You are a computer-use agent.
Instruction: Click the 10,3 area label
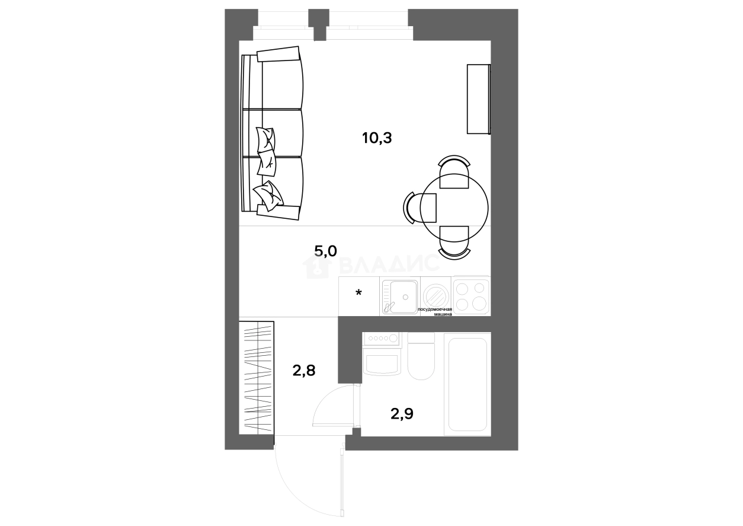click(x=377, y=138)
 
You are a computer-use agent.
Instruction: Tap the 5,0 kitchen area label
click(x=325, y=251)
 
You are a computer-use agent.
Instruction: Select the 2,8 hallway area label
click(x=304, y=370)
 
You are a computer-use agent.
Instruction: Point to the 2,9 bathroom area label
click(x=402, y=414)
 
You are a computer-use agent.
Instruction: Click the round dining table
click(x=454, y=208)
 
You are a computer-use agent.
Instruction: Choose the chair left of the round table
click(x=419, y=208)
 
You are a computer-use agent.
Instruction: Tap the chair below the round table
click(x=454, y=243)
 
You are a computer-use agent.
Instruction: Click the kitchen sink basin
click(x=400, y=297)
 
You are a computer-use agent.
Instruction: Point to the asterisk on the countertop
click(x=358, y=293)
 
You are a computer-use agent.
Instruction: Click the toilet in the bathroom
click(x=421, y=356)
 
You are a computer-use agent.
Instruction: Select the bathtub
click(x=467, y=384)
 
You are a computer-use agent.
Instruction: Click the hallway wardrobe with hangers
click(x=257, y=378)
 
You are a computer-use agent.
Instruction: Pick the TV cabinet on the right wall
click(x=479, y=99)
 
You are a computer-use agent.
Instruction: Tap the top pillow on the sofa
click(x=266, y=139)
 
